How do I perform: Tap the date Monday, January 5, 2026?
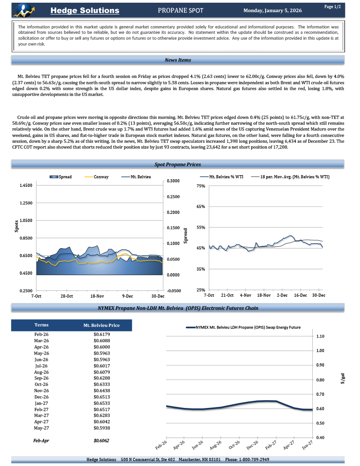point(273,10)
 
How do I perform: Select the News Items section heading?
point(178,60)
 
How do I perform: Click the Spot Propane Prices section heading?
point(178,165)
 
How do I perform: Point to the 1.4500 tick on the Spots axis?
point(26,185)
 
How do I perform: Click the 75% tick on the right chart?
point(201,186)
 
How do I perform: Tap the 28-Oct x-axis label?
point(67,296)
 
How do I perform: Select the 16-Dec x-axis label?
point(301,295)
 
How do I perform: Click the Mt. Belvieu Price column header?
point(102,325)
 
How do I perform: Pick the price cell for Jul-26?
point(102,366)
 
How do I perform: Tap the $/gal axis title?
point(342,379)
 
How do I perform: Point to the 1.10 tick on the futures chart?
point(320,336)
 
